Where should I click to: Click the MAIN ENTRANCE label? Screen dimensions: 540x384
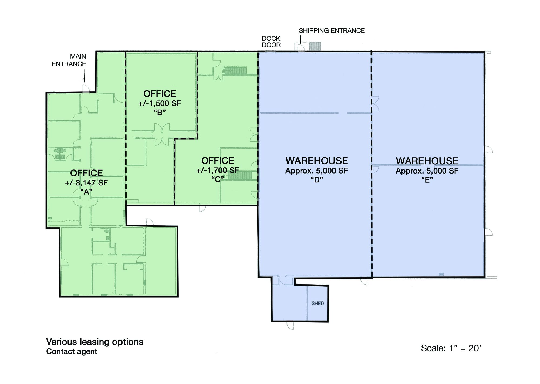[69, 60]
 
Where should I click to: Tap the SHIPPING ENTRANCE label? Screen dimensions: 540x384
[332, 31]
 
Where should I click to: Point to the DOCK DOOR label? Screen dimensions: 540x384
[271, 42]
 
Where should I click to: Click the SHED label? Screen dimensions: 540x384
[318, 303]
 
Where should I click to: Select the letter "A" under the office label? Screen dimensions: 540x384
[86, 192]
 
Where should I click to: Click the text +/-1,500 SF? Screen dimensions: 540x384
[160, 103]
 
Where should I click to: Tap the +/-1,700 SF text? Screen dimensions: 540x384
[218, 170]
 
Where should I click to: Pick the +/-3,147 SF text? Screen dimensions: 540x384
[86, 183]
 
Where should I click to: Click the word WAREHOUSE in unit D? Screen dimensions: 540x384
[317, 161]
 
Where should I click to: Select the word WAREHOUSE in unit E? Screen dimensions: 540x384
[427, 161]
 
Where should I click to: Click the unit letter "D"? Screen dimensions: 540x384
[317, 180]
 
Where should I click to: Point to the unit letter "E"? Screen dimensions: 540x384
[427, 180]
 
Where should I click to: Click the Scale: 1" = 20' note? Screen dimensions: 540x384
[451, 348]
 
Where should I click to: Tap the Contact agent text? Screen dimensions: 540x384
[72, 351]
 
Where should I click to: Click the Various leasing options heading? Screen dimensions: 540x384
[95, 342]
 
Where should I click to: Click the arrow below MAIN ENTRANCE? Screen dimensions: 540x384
[84, 75]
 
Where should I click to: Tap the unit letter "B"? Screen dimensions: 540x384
[160, 112]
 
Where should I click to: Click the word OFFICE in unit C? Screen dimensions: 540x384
[218, 161]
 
